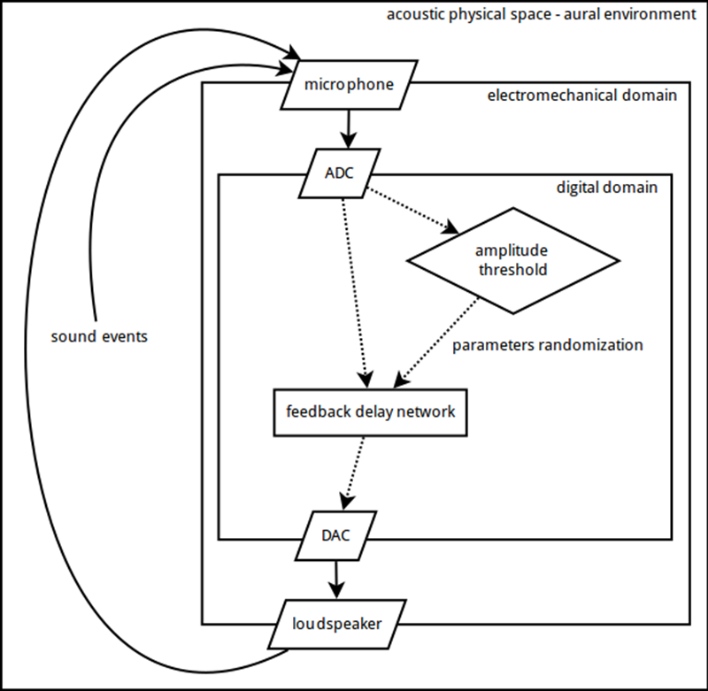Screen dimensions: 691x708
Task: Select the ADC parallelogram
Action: (x=338, y=173)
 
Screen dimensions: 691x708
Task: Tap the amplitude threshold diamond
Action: (x=512, y=260)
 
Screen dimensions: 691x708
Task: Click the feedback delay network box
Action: (x=369, y=412)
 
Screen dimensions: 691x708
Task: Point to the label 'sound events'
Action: (x=98, y=336)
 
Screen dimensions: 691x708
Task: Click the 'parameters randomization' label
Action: (x=548, y=345)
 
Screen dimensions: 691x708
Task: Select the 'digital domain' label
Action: (x=606, y=188)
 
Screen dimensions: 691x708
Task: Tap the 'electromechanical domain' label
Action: (x=582, y=95)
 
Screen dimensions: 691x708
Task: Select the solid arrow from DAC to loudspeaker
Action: (x=335, y=580)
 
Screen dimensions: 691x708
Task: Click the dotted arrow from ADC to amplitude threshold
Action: (x=412, y=210)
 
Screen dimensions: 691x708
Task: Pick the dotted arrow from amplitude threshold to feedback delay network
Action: (x=440, y=341)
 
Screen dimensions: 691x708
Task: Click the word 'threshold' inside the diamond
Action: (x=512, y=269)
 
